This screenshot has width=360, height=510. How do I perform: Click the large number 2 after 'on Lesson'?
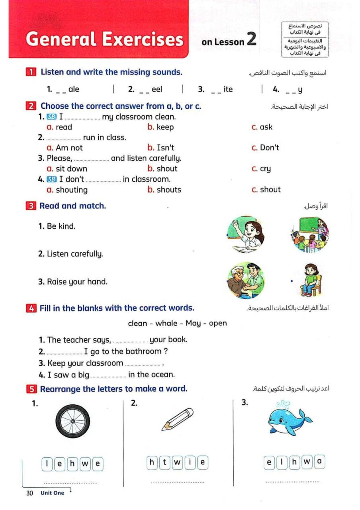[x=251, y=40]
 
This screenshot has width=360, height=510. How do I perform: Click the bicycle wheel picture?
[x=72, y=421]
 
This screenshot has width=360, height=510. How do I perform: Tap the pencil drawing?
[x=177, y=419]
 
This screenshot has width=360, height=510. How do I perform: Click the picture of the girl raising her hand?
[x=246, y=234]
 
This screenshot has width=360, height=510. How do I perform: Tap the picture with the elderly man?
[x=246, y=280]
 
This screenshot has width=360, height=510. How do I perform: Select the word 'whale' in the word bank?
[x=166, y=323]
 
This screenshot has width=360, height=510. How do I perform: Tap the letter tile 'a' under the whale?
[x=319, y=462]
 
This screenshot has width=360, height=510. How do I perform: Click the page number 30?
[x=29, y=493]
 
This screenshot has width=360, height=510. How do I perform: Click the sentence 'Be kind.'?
[x=61, y=226]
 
